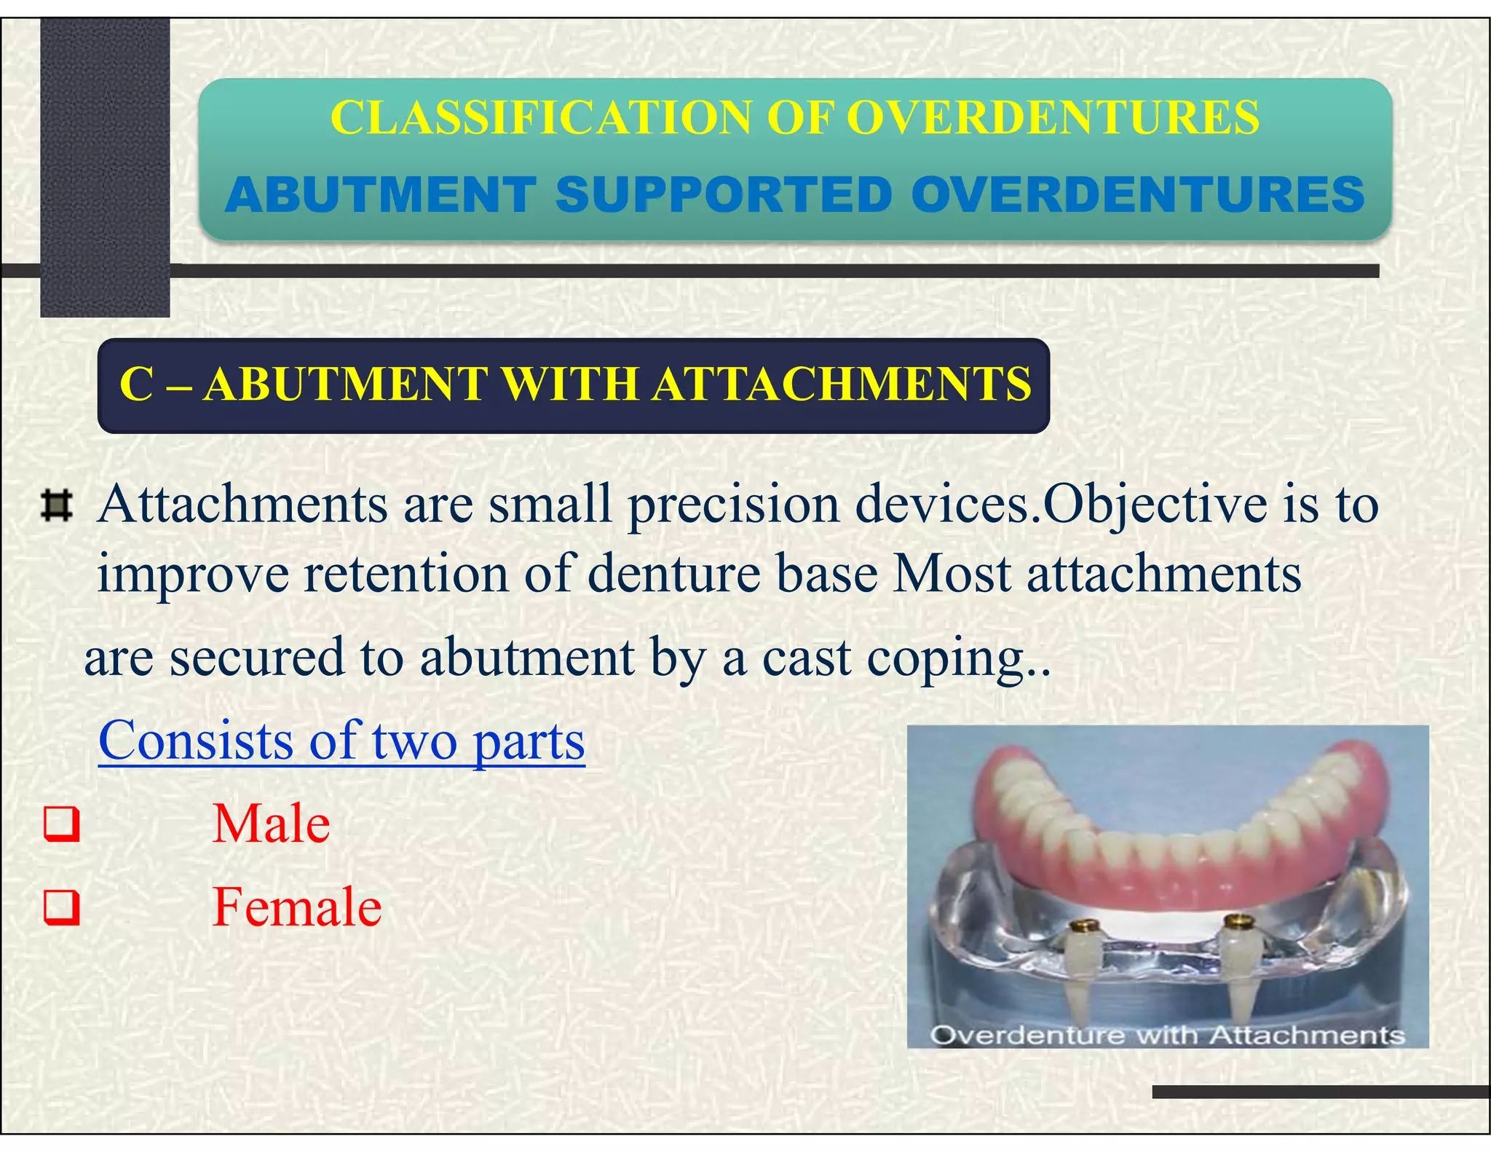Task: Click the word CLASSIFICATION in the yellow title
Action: pyautogui.click(x=539, y=117)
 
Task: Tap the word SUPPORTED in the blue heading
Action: pyautogui.click(x=724, y=195)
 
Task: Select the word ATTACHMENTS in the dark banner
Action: pyautogui.click(x=841, y=384)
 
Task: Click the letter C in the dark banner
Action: pyautogui.click(x=136, y=384)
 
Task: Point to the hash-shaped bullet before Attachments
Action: pyautogui.click(x=57, y=506)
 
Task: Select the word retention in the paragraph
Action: pyautogui.click(x=406, y=574)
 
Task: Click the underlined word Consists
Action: pyautogui.click(x=195, y=741)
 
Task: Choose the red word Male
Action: pyautogui.click(x=271, y=824)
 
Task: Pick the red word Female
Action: pyautogui.click(x=297, y=907)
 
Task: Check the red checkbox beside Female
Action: pyautogui.click(x=61, y=908)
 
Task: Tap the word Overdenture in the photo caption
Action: pyautogui.click(x=1027, y=1035)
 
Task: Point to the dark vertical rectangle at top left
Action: pyautogui.click(x=105, y=167)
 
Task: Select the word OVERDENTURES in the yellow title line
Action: pyautogui.click(x=1053, y=117)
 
